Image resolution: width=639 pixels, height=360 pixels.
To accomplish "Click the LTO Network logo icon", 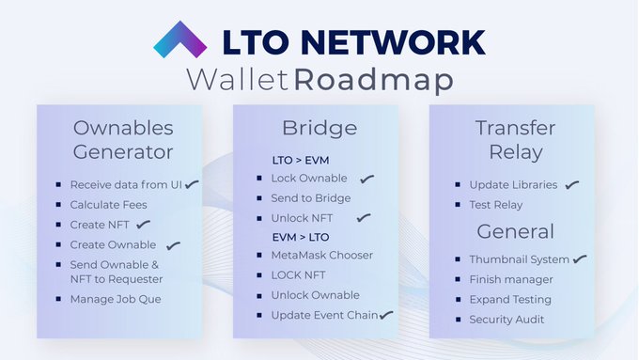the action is pyautogui.click(x=181, y=40).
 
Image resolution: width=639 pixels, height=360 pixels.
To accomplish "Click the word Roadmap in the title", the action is pyautogui.click(x=372, y=79).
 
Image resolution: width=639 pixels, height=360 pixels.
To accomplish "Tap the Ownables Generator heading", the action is pyautogui.click(x=122, y=139).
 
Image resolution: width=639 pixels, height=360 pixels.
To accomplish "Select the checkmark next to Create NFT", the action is pyautogui.click(x=143, y=225).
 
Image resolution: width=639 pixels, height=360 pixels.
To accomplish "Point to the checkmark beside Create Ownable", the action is pyautogui.click(x=172, y=245).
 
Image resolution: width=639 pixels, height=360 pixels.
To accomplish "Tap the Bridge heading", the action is pyautogui.click(x=319, y=128).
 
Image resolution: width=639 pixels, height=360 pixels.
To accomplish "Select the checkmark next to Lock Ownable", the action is pyautogui.click(x=366, y=179).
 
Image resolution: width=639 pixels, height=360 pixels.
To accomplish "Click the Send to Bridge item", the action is pyautogui.click(x=310, y=198).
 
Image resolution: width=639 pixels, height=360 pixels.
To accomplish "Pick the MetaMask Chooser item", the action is pyautogui.click(x=321, y=255).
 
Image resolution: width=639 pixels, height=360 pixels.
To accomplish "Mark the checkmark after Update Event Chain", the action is pyautogui.click(x=385, y=315).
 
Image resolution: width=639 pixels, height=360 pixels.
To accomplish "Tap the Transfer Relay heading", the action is pyautogui.click(x=514, y=139).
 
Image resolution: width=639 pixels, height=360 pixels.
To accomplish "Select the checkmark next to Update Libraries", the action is pyautogui.click(x=571, y=185).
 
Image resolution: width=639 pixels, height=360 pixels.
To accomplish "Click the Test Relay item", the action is pyautogui.click(x=495, y=205).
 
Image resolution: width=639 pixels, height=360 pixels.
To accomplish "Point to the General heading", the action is pyautogui.click(x=515, y=231).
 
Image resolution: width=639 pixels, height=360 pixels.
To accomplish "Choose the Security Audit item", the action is pyautogui.click(x=507, y=320).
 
